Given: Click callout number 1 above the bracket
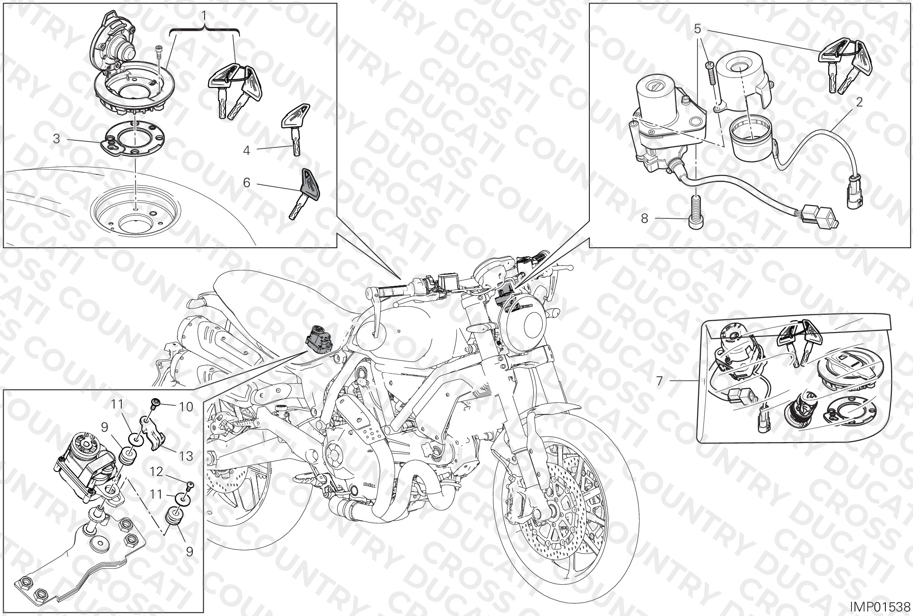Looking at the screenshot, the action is coord(204,16).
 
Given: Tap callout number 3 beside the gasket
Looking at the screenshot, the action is coord(57,139).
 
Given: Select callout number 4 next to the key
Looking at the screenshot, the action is coord(247,150).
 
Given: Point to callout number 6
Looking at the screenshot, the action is coord(247,183).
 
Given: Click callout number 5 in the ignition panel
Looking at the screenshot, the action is coord(698,30).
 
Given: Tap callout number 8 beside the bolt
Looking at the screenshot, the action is coord(645,219).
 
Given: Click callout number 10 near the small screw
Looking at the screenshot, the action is coord(186,406).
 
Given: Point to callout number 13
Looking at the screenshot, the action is coord(186,456).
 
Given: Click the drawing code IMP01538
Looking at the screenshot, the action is coord(879,606).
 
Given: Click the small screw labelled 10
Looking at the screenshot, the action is coord(155,403).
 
